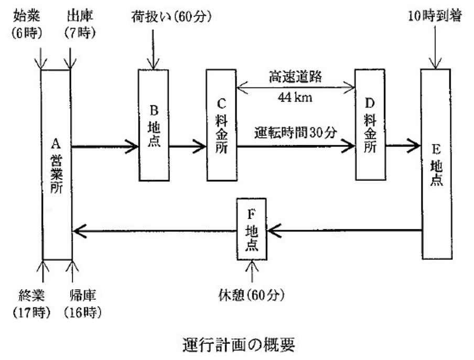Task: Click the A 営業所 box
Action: coord(57,164)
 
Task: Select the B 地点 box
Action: coord(153,125)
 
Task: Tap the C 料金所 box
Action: coord(221,125)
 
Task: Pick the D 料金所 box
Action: coord(370,125)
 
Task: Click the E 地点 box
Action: coord(436,164)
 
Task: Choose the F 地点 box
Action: coord(251,228)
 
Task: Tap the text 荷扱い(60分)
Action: coord(171,17)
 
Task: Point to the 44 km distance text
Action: coord(295,97)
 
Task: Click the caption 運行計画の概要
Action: coord(237,345)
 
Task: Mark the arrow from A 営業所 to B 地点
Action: coord(104,147)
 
